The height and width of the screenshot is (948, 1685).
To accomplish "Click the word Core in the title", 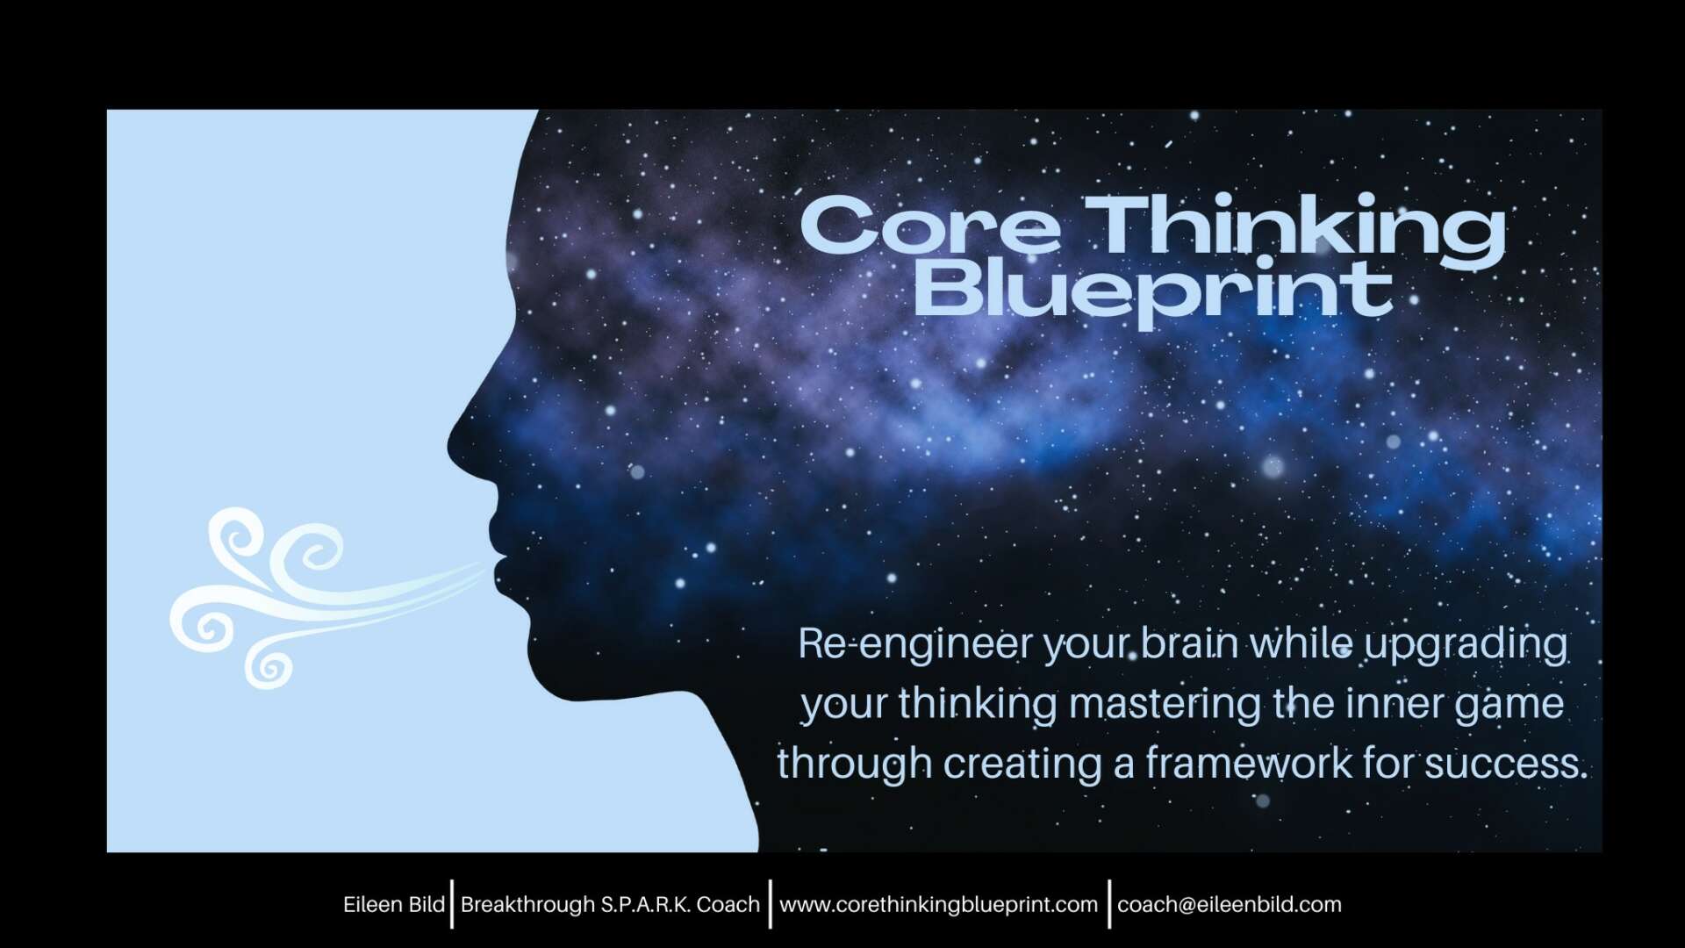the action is click(929, 226).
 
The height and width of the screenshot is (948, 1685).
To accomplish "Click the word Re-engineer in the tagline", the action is click(915, 646).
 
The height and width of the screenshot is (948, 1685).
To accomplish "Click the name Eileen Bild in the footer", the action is click(394, 905).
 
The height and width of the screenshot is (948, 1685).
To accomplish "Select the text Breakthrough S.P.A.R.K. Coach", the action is click(610, 905).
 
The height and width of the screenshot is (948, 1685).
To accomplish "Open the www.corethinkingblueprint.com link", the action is click(938, 905).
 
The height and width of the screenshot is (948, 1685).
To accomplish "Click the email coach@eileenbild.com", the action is click(1230, 905).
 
